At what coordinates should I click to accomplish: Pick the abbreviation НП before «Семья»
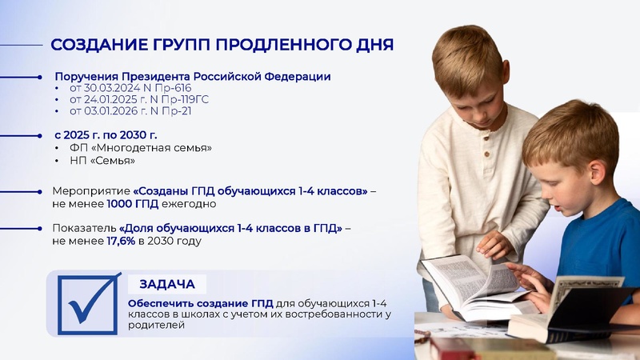click(78, 161)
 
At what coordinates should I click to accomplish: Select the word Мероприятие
click(90, 192)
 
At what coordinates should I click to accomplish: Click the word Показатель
click(84, 229)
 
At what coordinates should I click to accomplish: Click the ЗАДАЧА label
click(167, 284)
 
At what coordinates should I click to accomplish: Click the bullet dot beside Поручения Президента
click(40, 77)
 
